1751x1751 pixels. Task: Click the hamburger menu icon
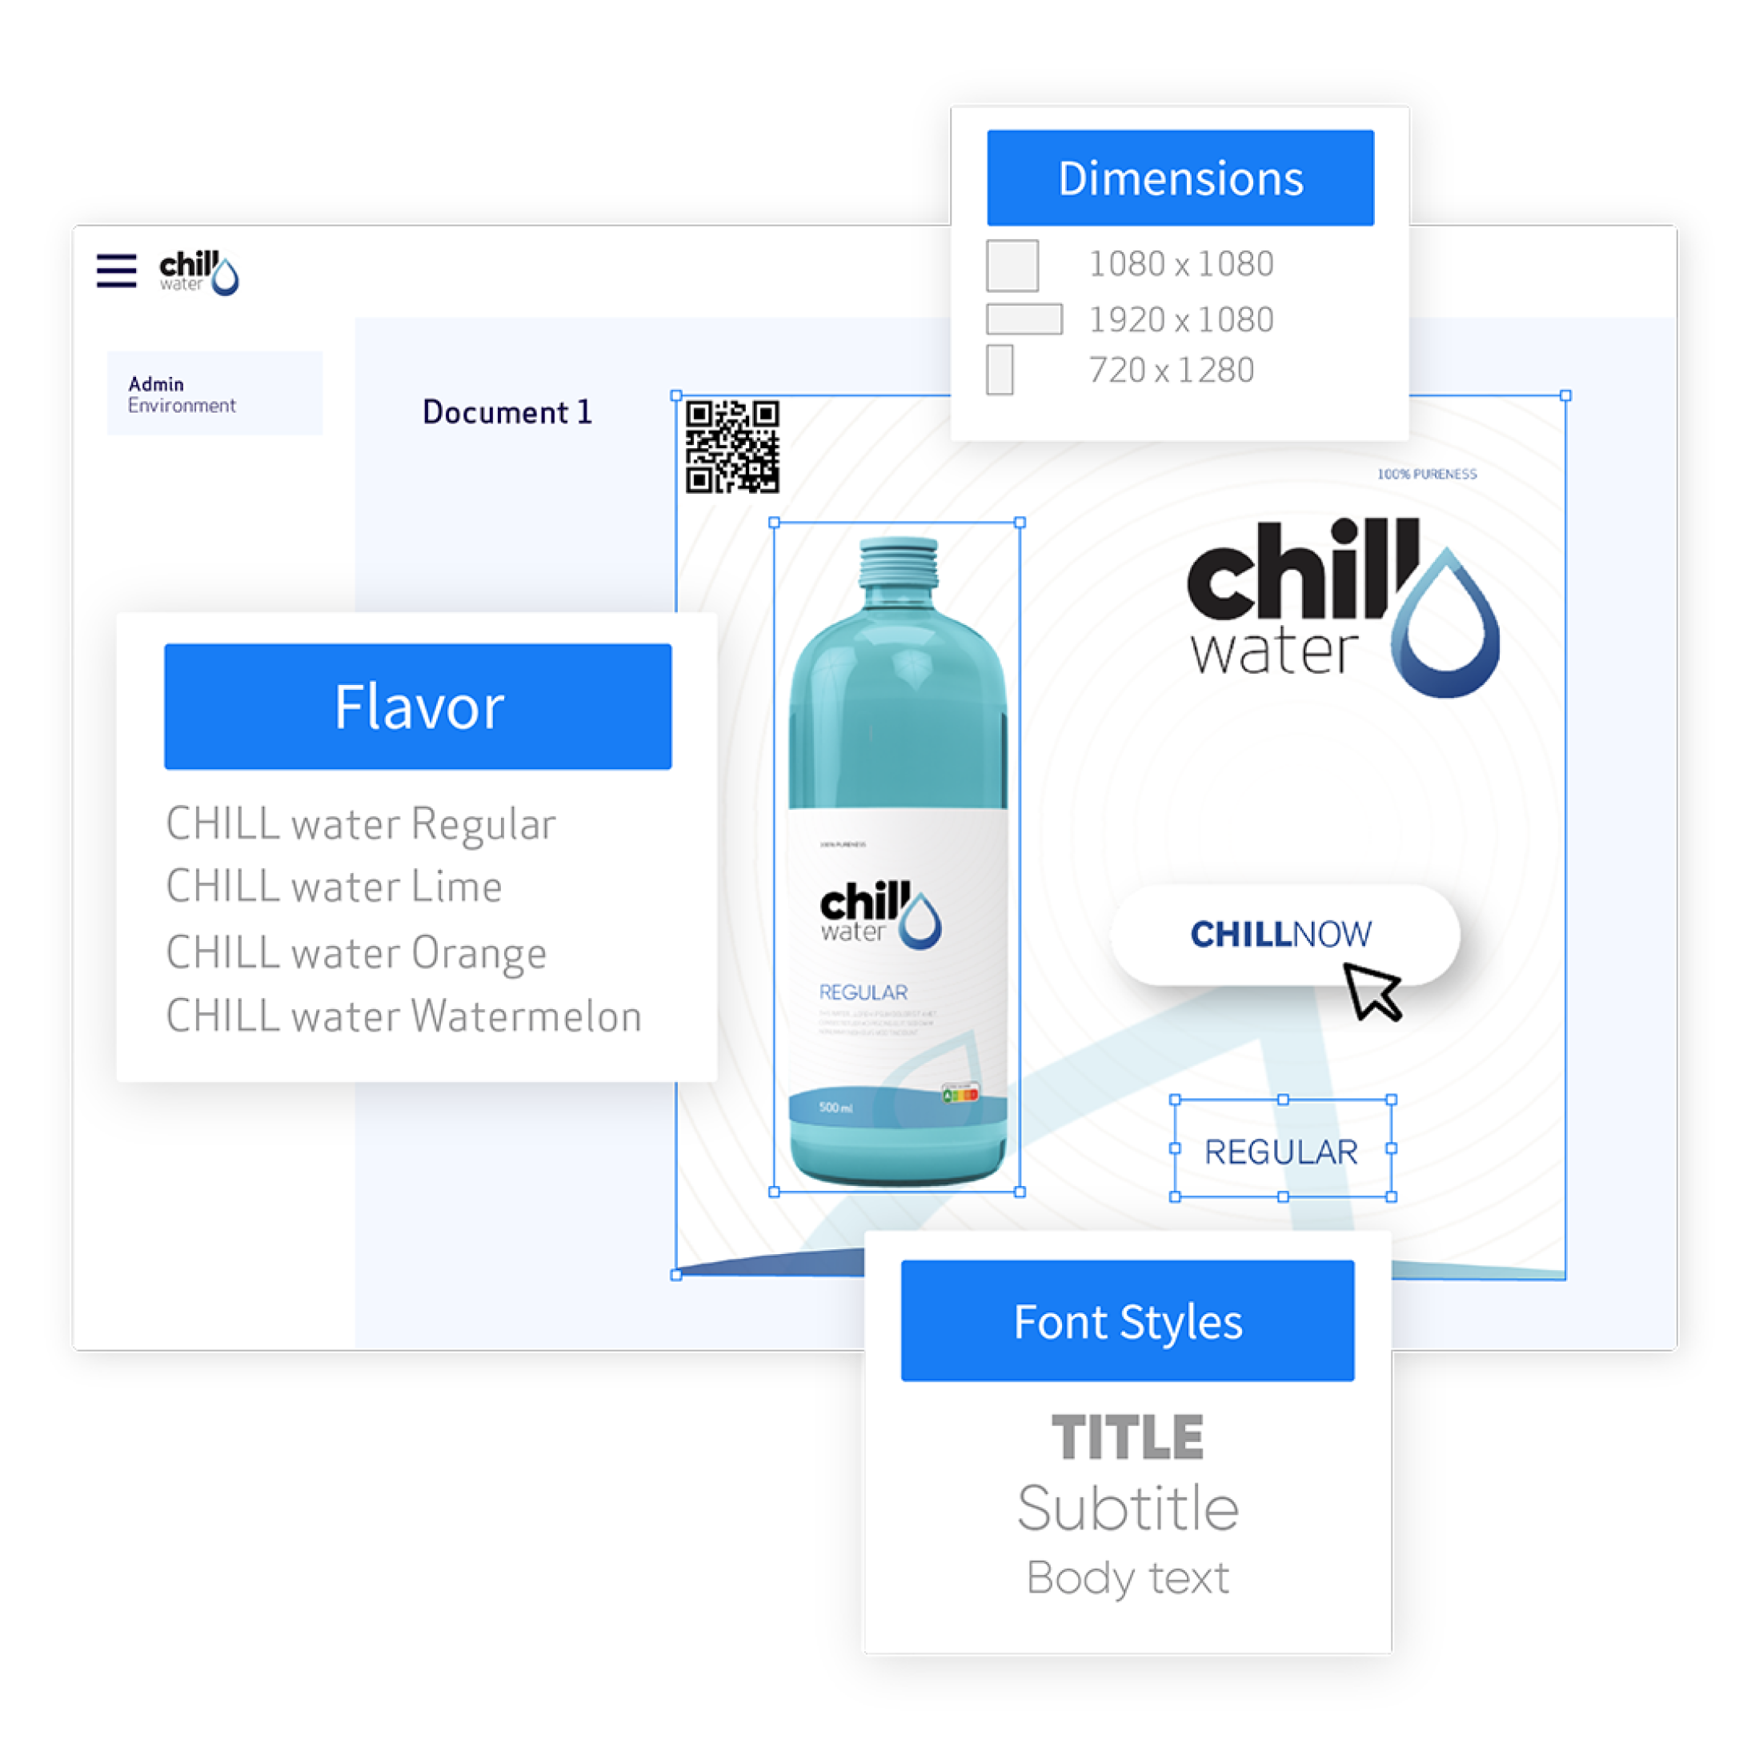[116, 271]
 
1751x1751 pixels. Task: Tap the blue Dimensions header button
[1180, 178]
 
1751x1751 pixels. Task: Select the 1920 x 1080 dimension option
[1180, 320]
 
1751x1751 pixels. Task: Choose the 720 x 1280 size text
[1171, 371]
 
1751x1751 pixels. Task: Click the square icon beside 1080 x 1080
[1012, 266]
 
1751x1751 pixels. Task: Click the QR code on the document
[732, 447]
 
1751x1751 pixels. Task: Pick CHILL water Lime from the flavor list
[334, 887]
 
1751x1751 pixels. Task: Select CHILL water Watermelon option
[403, 1016]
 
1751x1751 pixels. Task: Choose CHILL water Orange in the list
[356, 952]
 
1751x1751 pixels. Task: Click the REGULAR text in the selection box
[1280, 1152]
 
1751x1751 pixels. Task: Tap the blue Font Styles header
[1128, 1321]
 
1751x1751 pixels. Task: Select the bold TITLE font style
[1128, 1437]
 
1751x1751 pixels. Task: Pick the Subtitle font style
[1128, 1509]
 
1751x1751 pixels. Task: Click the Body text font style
[1128, 1578]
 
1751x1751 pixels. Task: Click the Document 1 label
[507, 412]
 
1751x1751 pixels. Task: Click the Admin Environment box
[214, 394]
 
